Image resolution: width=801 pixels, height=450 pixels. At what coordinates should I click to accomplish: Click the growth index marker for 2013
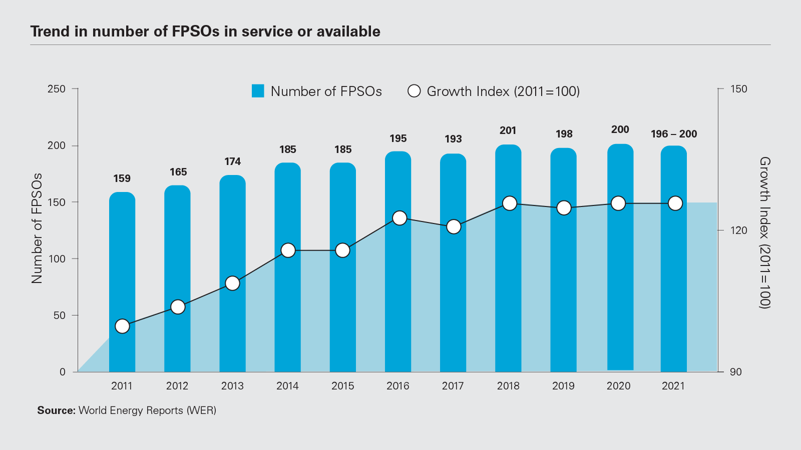pos(233,283)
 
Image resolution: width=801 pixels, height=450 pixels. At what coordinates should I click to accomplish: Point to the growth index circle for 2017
pos(454,227)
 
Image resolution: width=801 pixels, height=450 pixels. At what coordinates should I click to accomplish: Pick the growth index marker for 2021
pos(675,203)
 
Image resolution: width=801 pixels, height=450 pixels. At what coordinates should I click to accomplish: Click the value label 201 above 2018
pos(508,130)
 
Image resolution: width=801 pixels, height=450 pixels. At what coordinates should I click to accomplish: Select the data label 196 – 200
pos(674,134)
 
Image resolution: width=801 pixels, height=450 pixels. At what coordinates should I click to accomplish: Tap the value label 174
pos(232,161)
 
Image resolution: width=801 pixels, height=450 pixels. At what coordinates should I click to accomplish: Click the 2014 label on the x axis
pos(287,386)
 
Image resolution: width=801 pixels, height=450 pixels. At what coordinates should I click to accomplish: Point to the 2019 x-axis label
pos(563,386)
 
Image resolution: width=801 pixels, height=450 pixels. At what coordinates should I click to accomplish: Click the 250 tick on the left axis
pos(57,89)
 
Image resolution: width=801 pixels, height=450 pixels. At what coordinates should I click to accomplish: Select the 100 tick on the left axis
pos(57,259)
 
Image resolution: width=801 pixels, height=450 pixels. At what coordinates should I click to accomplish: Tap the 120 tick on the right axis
pos(738,230)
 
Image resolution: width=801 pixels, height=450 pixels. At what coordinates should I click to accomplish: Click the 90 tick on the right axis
pos(735,372)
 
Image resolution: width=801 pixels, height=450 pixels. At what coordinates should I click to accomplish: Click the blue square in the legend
pos(258,91)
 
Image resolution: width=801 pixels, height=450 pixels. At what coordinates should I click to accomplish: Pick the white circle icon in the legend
pos(414,91)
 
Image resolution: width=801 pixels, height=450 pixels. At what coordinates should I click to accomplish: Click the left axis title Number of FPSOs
pos(37,228)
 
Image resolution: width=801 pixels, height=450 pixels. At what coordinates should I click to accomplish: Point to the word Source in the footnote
pos(56,410)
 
